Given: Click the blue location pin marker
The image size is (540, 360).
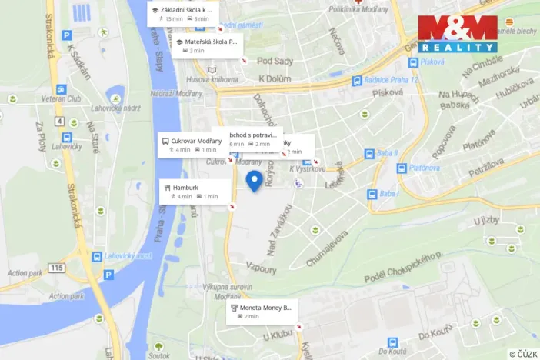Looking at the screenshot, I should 254,182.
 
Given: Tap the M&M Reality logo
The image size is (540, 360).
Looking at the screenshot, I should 457,33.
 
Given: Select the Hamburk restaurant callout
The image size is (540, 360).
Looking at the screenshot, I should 195,191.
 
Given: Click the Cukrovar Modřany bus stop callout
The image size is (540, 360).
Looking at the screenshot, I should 192,145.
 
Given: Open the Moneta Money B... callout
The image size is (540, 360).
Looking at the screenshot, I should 261,311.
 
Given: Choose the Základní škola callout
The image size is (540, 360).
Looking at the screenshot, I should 182,13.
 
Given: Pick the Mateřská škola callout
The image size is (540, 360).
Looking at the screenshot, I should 206,45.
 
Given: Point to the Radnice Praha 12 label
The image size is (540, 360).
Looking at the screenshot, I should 392,81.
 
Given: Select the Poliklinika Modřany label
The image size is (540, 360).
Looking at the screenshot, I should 355,9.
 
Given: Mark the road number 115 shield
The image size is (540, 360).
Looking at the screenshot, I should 55,268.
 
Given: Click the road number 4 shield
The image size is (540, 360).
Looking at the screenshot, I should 59,122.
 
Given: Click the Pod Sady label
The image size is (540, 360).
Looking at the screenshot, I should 275,61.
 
